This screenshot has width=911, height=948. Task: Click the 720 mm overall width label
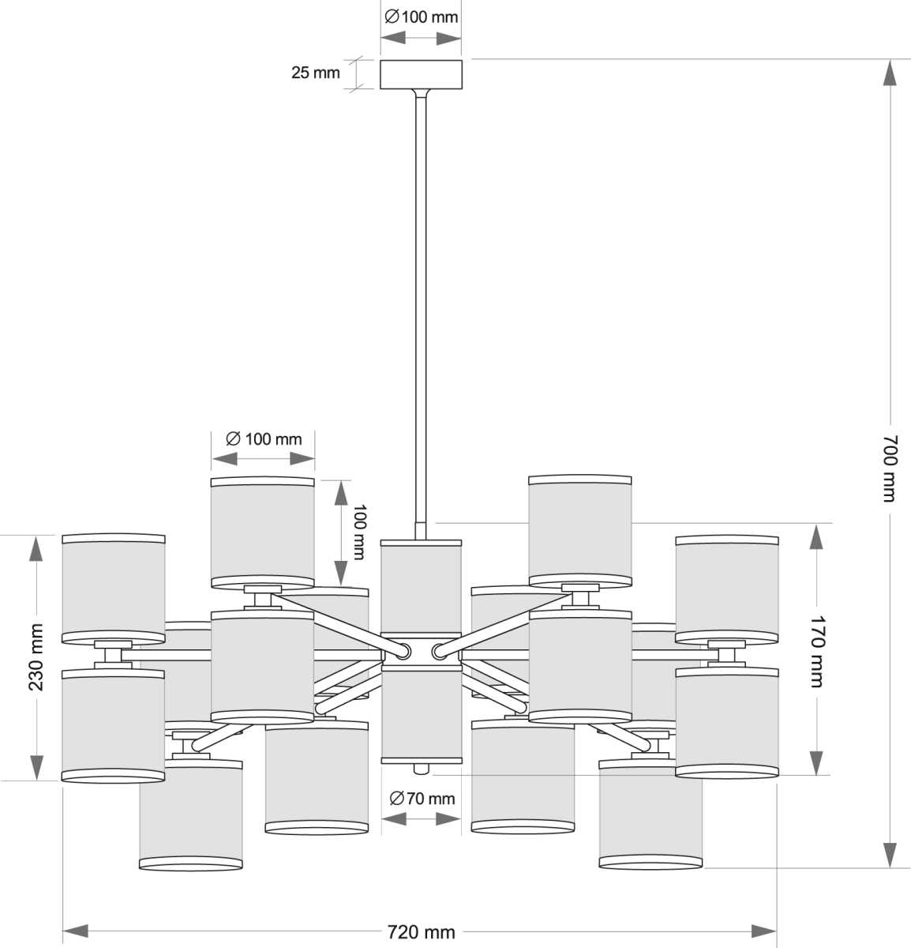(x=422, y=932)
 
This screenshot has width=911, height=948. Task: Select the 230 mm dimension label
(x=36, y=656)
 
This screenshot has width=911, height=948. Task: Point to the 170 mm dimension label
(x=817, y=651)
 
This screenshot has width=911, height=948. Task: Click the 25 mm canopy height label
(x=315, y=73)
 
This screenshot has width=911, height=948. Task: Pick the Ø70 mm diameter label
(x=421, y=798)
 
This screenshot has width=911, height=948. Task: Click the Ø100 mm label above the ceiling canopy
(x=421, y=17)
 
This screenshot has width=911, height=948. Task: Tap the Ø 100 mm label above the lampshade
(x=264, y=438)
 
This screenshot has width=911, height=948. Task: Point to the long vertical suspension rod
(x=421, y=300)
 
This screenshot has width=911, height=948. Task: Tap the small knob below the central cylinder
(x=421, y=768)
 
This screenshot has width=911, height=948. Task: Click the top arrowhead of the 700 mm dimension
(x=889, y=73)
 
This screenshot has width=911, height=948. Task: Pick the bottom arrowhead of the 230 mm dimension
(x=36, y=766)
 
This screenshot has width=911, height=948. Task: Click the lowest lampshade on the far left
(x=190, y=814)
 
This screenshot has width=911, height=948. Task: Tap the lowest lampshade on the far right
(x=650, y=814)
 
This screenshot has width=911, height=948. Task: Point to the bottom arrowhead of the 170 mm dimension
(x=816, y=762)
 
